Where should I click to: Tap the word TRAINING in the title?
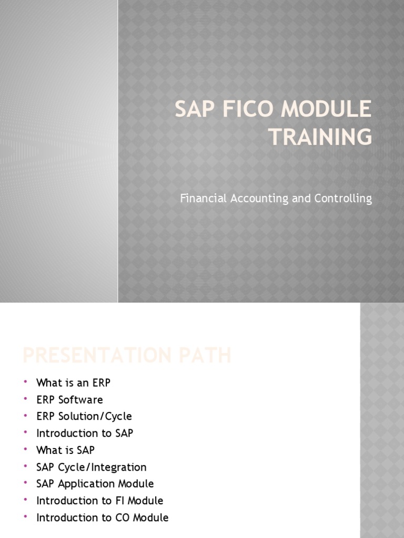tap(320, 137)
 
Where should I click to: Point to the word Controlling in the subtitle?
tap(344, 199)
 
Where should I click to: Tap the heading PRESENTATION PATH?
tap(127, 355)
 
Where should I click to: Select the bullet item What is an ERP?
tap(73, 382)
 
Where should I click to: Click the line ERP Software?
tap(69, 399)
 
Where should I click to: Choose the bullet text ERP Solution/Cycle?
tap(84, 416)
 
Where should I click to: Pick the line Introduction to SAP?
tap(85, 433)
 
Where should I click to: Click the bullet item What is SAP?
tap(65, 450)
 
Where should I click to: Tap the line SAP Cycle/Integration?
tap(92, 467)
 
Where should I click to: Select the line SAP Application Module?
tap(95, 483)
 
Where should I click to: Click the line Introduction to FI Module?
tap(100, 500)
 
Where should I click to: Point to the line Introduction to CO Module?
tap(103, 517)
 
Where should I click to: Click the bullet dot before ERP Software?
tap(25, 399)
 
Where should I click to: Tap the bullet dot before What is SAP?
tap(25, 450)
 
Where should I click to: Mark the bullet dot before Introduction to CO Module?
tap(25, 517)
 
